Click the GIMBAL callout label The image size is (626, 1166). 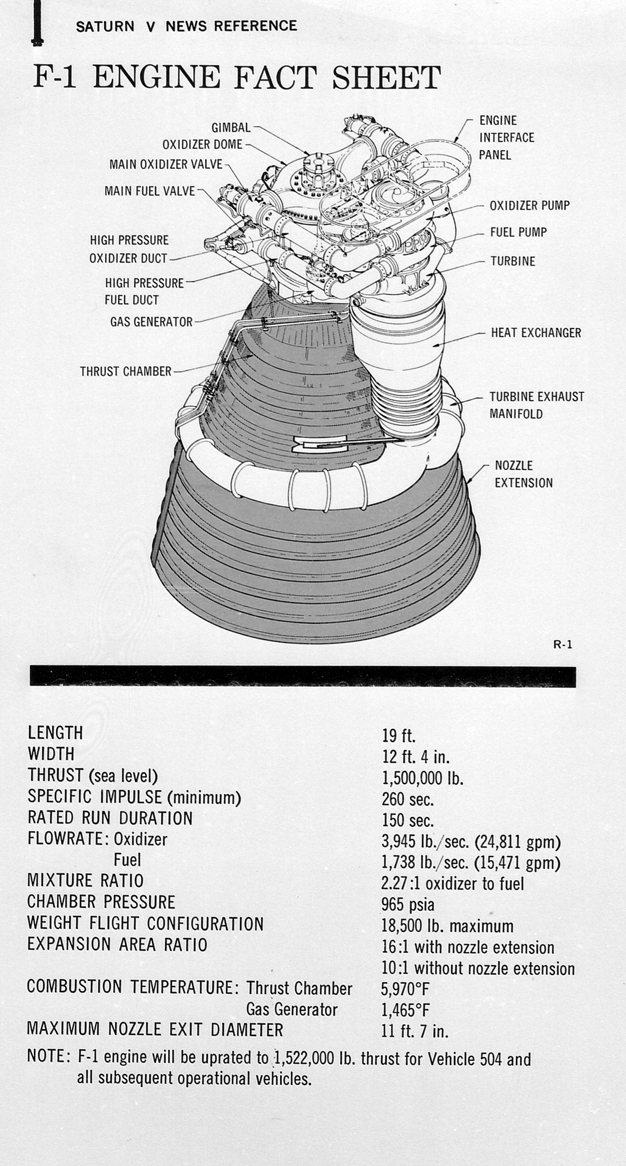click(x=231, y=127)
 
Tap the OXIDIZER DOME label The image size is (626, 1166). click(x=202, y=145)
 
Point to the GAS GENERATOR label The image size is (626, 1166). click(x=151, y=322)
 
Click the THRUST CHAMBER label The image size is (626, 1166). click(x=126, y=372)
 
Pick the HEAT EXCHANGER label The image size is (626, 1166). click(x=536, y=333)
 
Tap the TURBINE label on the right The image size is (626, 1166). click(x=513, y=261)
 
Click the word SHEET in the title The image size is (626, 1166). click(x=386, y=77)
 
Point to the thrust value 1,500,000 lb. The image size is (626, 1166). click(x=423, y=778)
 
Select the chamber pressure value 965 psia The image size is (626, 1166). click(x=407, y=905)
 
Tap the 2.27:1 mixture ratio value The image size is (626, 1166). click(x=452, y=883)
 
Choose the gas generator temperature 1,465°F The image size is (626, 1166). click(x=405, y=1010)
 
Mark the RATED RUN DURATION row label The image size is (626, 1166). click(x=110, y=818)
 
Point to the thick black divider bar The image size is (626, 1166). click(x=302, y=676)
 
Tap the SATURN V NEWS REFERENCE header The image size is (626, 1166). click(x=187, y=26)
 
